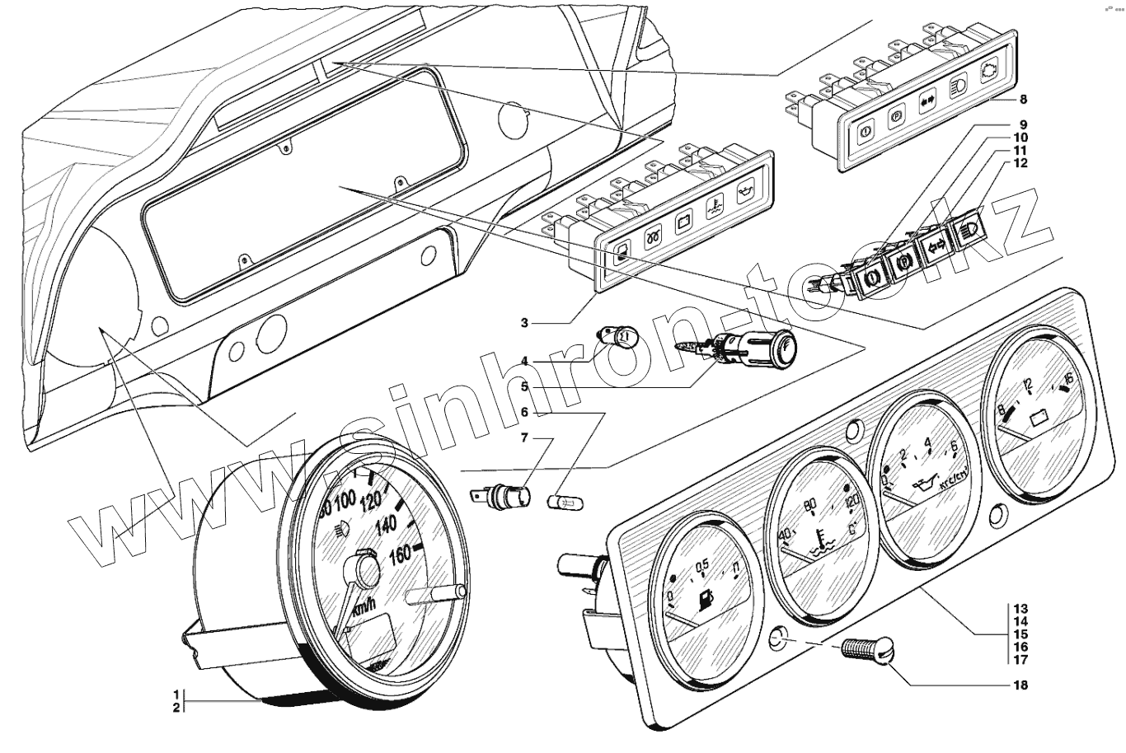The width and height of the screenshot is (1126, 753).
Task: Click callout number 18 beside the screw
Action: [1021, 685]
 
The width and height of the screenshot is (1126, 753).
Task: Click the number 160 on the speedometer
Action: [398, 554]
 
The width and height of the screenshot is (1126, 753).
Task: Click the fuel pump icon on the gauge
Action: [706, 602]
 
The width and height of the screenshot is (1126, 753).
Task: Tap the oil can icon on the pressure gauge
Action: [928, 484]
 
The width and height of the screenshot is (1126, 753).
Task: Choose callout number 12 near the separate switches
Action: [1021, 163]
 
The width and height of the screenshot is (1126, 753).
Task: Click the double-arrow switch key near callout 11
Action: [936, 246]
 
